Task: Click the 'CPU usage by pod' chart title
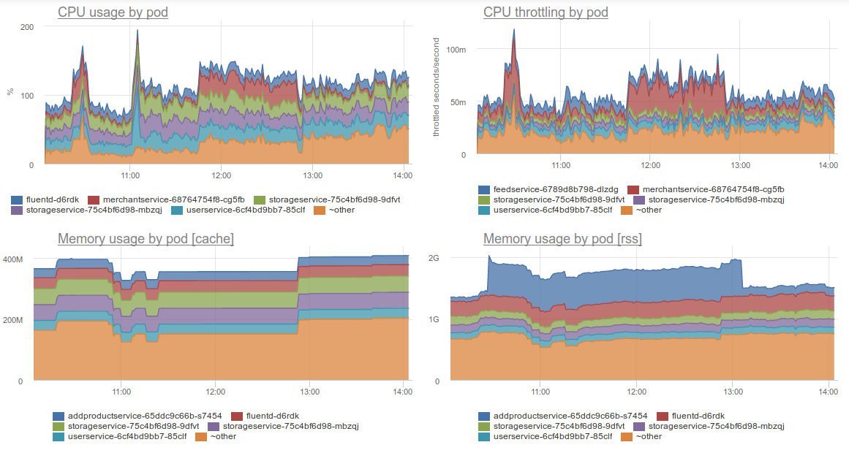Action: click(x=113, y=12)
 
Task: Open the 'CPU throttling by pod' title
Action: click(x=546, y=12)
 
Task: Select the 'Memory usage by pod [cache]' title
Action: click(x=146, y=239)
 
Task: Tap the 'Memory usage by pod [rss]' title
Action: click(x=562, y=239)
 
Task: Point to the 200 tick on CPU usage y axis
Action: click(x=27, y=26)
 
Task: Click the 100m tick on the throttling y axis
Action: click(x=456, y=50)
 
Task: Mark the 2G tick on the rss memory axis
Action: click(x=433, y=258)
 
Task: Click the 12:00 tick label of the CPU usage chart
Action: click(x=221, y=176)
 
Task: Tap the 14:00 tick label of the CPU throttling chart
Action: click(x=828, y=166)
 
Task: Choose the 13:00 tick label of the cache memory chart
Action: click(x=309, y=392)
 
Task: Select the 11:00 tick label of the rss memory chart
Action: click(x=540, y=392)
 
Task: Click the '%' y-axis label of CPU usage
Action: click(x=10, y=91)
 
